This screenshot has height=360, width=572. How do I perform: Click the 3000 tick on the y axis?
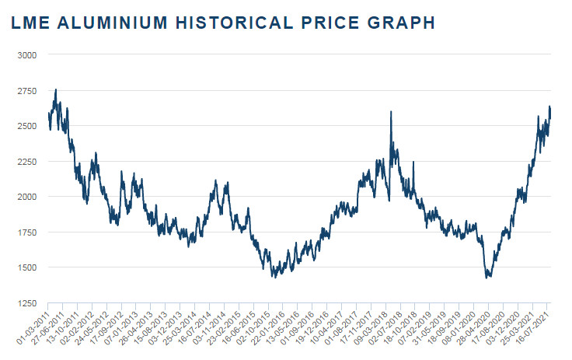point(27,55)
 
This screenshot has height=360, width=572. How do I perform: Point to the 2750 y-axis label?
point(27,91)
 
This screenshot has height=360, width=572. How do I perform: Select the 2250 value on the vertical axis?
point(27,162)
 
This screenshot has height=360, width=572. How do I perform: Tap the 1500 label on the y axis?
point(27,267)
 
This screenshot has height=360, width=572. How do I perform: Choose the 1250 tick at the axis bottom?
point(27,302)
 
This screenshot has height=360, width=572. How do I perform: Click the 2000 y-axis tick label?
point(27,197)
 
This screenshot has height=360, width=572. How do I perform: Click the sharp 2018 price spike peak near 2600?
point(390,112)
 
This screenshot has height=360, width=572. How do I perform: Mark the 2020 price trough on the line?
point(488,277)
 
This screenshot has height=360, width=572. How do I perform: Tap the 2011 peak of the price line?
point(55,90)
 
